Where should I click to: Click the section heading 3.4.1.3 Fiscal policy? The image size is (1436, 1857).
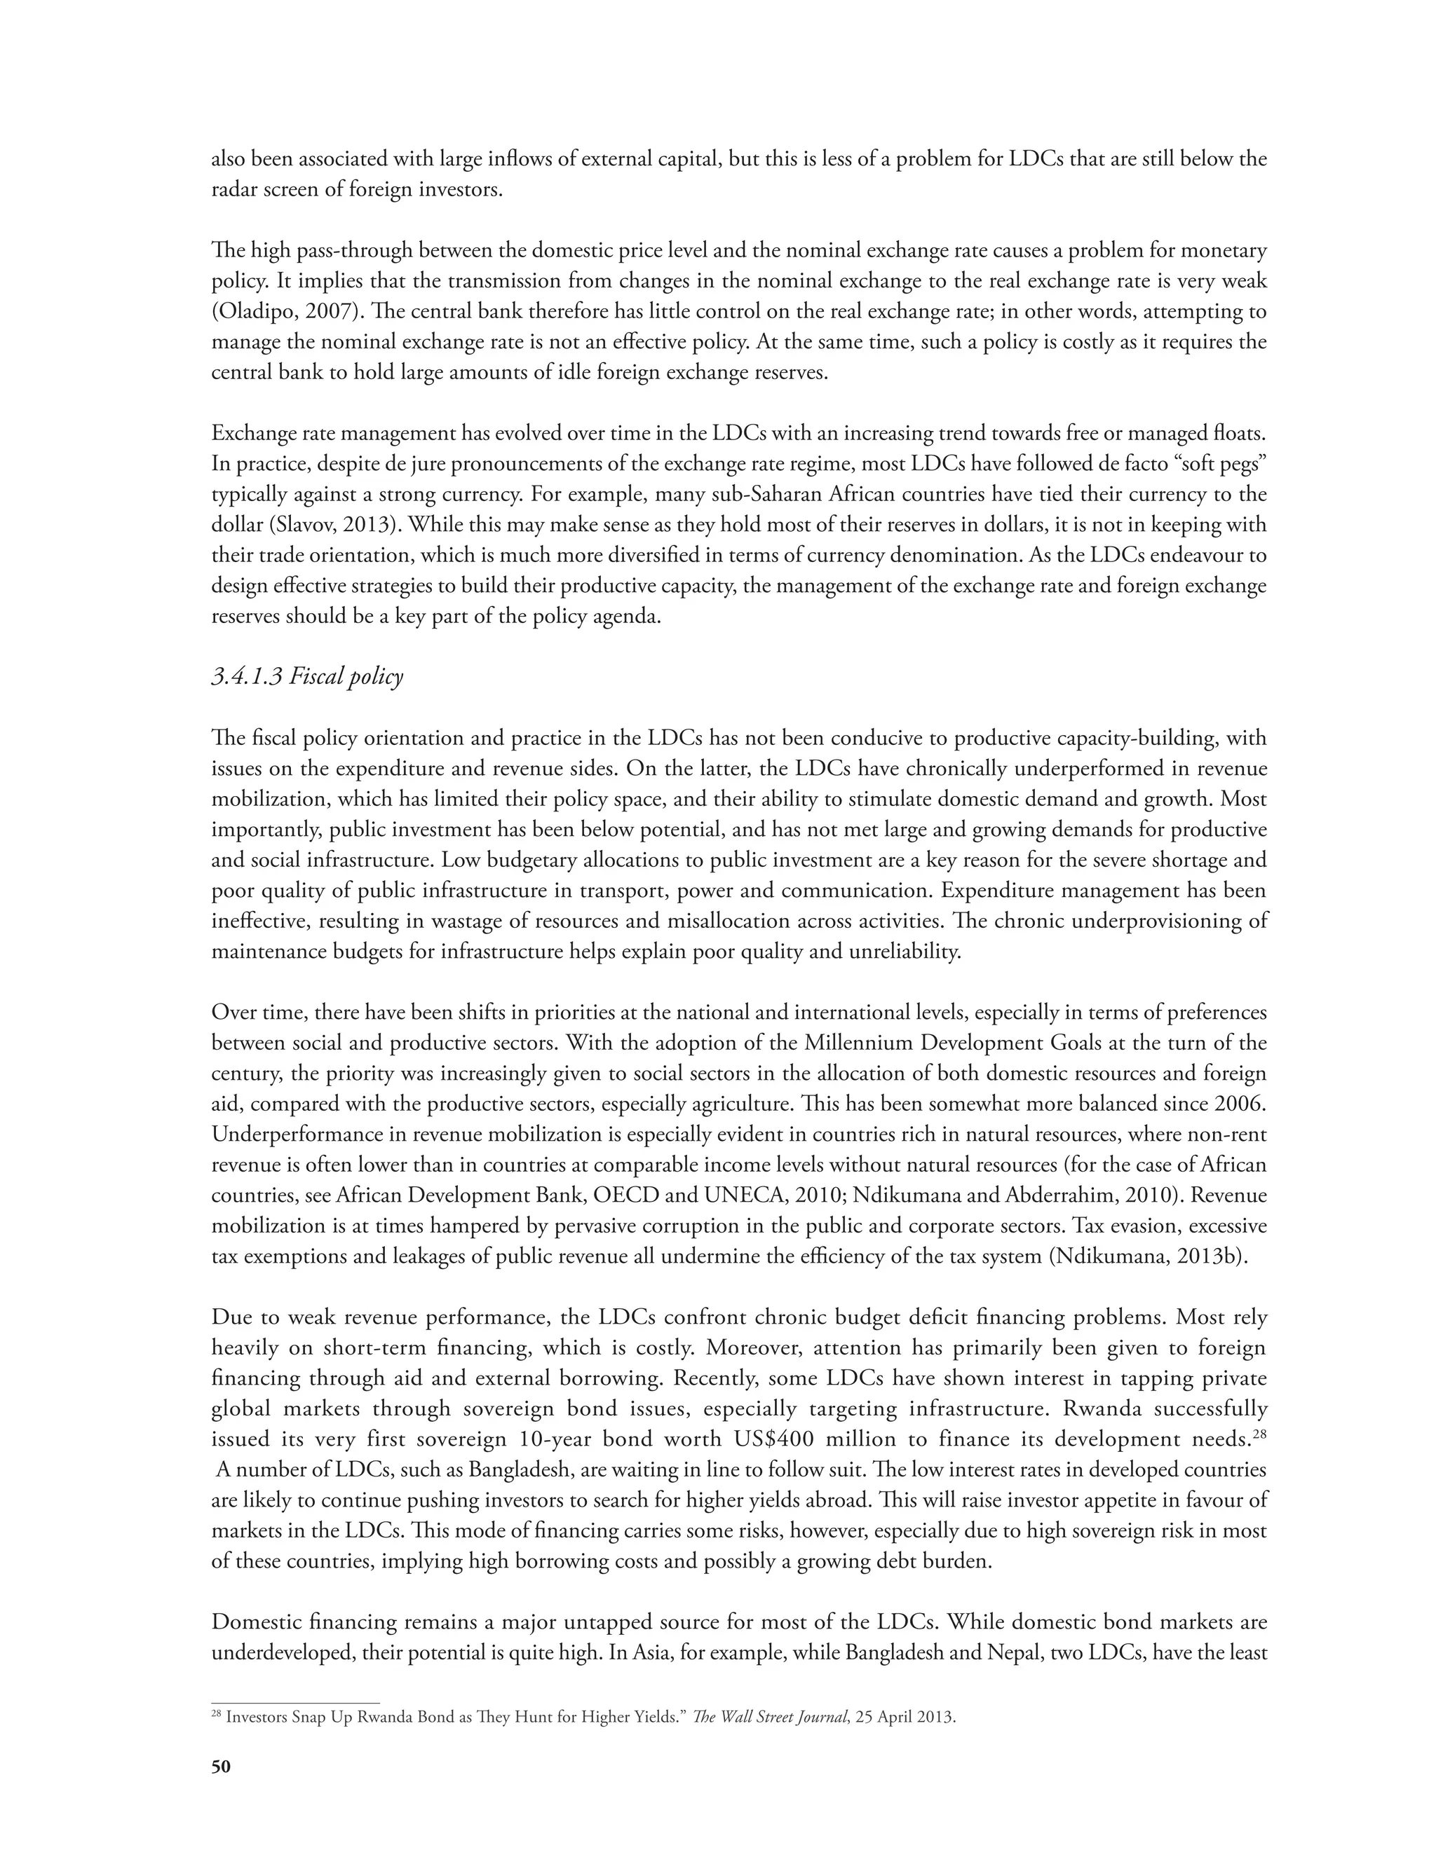coord(307,677)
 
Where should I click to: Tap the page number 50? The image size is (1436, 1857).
coord(220,1767)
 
